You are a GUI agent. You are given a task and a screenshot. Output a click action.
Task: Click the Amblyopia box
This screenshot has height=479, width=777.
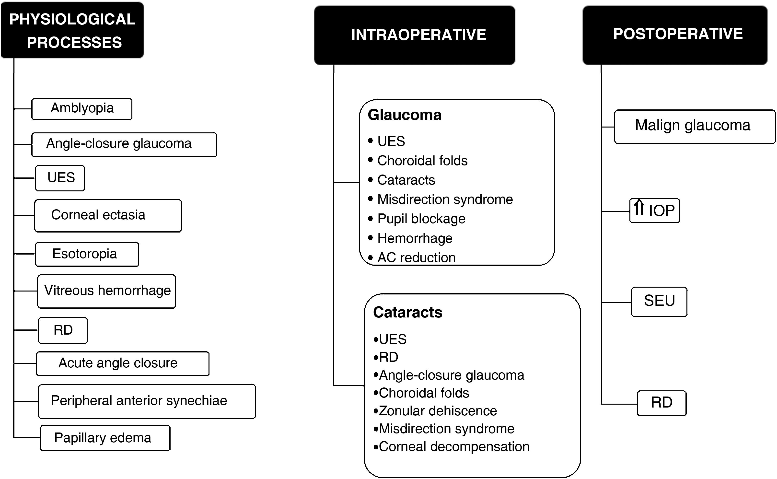[x=82, y=109]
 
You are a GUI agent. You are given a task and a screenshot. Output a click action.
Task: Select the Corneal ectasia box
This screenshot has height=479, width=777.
[x=108, y=215]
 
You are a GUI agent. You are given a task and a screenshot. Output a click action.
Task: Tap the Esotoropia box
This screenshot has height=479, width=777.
[x=87, y=254]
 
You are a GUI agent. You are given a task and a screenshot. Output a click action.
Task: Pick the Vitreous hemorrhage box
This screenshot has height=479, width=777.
[x=107, y=291]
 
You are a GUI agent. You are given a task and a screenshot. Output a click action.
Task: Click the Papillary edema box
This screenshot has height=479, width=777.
[x=105, y=438]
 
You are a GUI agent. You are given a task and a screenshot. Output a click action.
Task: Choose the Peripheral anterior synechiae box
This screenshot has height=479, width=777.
[x=147, y=401]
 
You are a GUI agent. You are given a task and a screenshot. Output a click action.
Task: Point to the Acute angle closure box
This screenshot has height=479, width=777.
[x=123, y=363]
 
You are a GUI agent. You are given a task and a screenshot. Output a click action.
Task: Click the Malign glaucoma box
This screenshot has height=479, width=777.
[x=694, y=126]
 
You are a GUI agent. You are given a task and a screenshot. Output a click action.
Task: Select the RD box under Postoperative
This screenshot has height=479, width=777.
[x=661, y=403]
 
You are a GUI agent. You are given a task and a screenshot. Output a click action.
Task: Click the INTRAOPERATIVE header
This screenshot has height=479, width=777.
[x=414, y=35]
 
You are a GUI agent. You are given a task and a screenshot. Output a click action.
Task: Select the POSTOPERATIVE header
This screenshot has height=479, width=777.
[x=675, y=35]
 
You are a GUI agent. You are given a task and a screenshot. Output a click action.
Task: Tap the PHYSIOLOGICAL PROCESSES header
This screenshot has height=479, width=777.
[x=72, y=30]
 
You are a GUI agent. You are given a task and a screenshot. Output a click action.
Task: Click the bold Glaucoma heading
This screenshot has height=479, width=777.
[x=404, y=115]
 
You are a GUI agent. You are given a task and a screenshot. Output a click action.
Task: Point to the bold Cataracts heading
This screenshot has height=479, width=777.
[x=407, y=312]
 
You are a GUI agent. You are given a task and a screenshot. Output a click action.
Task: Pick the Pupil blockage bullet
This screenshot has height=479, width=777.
[x=421, y=219]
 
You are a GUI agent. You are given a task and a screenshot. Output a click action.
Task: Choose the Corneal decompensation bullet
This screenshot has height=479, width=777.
[x=453, y=447]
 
